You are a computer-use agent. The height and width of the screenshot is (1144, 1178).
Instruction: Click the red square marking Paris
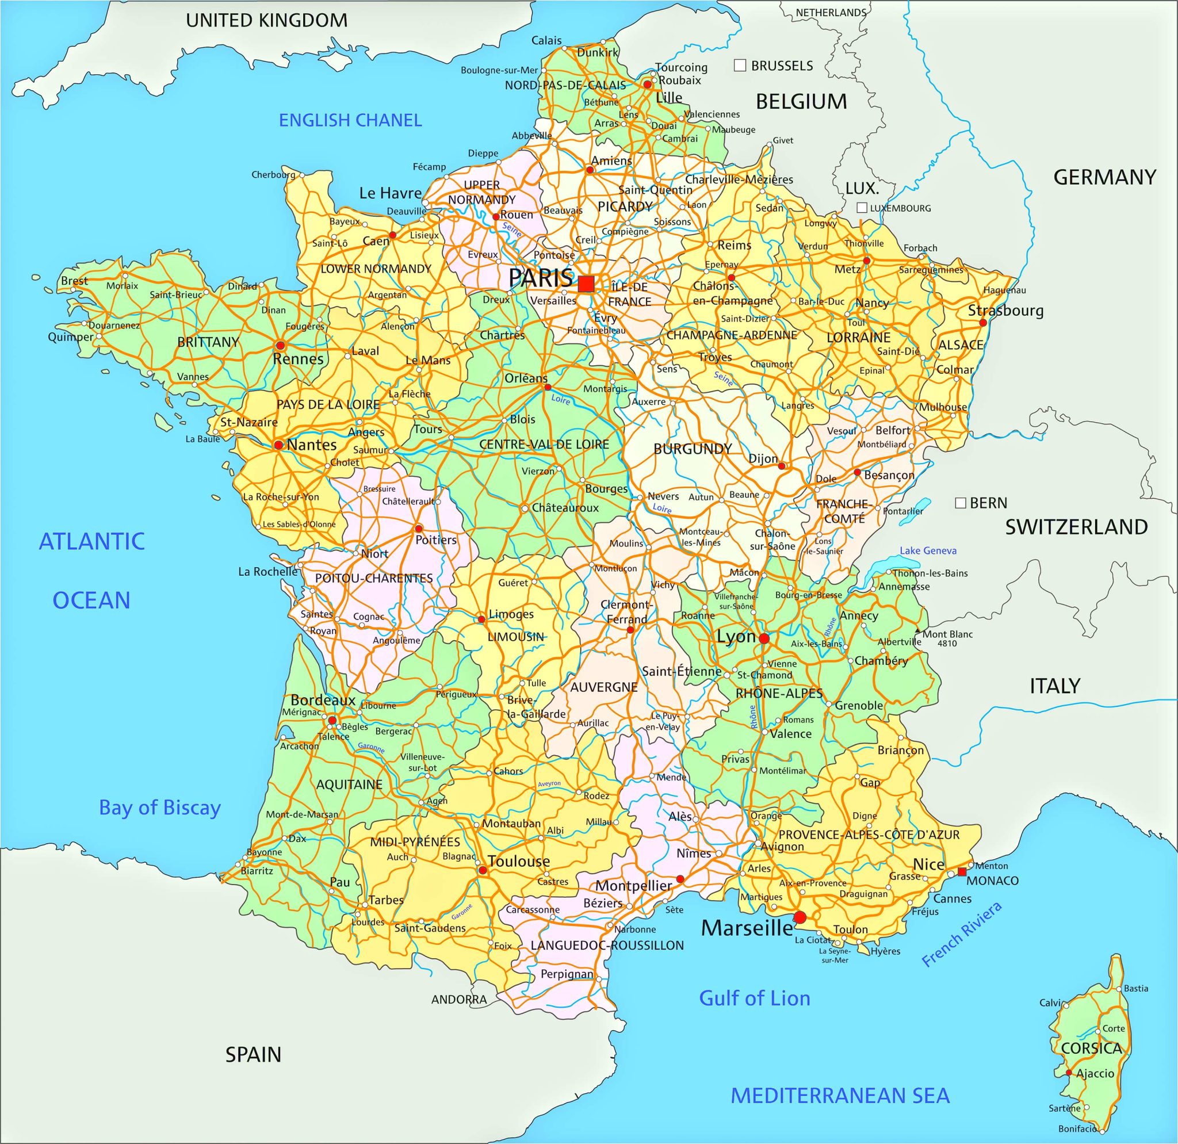[x=586, y=283]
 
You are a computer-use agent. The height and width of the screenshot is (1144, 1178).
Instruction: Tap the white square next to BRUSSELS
[x=740, y=66]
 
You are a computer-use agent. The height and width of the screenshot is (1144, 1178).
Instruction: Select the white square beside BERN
[x=961, y=502]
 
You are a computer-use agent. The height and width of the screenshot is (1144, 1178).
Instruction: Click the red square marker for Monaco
[x=962, y=871]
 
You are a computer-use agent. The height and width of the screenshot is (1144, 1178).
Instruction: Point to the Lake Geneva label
[x=928, y=550]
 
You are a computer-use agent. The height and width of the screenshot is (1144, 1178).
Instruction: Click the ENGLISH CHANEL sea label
[x=350, y=120]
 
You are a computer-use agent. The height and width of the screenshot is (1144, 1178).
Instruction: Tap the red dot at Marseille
[x=800, y=917]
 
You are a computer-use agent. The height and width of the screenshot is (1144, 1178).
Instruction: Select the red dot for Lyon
[x=764, y=638]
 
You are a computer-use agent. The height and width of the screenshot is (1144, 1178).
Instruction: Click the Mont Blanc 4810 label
[x=947, y=638]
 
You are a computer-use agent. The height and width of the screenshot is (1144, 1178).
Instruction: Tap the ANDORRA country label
[x=458, y=1000]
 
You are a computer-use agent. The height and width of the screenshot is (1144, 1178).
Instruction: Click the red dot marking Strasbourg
[x=982, y=323]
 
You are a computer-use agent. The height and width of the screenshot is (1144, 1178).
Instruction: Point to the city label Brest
[x=74, y=281]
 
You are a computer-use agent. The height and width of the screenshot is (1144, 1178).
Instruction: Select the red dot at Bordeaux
[x=332, y=719]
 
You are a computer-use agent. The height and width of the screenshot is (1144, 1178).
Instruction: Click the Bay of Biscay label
[x=160, y=808]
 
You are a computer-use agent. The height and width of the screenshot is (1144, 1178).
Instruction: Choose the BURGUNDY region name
[x=693, y=449]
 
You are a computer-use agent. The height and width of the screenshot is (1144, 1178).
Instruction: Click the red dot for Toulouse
[x=482, y=870]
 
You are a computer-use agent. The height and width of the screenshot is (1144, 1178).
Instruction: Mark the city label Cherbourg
[x=273, y=175]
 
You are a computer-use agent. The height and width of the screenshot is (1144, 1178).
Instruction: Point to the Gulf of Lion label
[x=754, y=998]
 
